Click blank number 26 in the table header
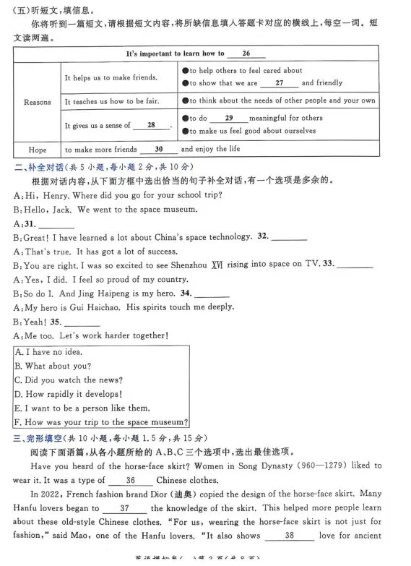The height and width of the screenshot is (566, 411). (x=246, y=53)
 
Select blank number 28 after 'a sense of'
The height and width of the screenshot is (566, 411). (x=151, y=125)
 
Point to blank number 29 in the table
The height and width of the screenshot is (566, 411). (x=228, y=118)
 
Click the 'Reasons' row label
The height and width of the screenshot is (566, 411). (x=38, y=102)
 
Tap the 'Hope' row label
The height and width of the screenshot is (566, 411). (x=38, y=150)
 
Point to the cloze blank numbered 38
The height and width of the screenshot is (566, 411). (x=289, y=536)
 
